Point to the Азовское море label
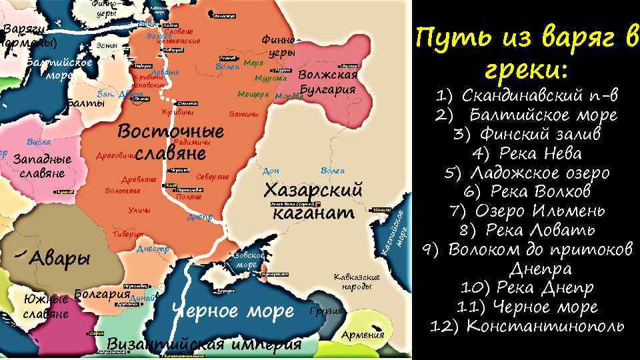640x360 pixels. (251, 260)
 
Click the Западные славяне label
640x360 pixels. (42, 167)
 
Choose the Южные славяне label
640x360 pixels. (45, 306)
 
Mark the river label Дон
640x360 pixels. (271, 171)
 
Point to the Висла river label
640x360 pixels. (39, 142)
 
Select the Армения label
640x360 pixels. (363, 335)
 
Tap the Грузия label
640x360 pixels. (326, 311)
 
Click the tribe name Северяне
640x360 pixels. (213, 177)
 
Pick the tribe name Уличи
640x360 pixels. (139, 211)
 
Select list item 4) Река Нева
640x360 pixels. (527, 153)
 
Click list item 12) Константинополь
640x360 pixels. (527, 326)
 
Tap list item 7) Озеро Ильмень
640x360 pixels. (527, 211)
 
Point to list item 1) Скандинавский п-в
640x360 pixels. (527, 95)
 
